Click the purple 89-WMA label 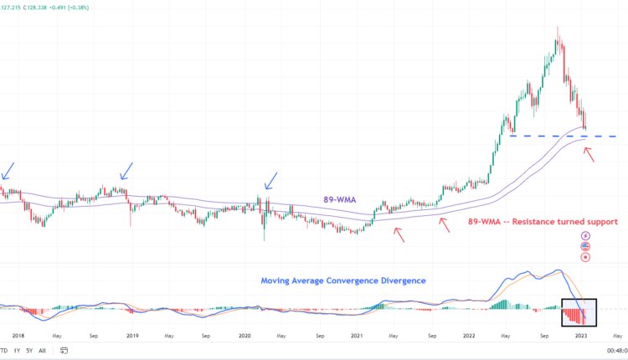pos(338,200)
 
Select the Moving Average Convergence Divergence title pos(344,280)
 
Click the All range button pos(42,350)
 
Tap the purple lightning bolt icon pos(585,236)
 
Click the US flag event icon pos(585,246)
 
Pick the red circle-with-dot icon pos(585,257)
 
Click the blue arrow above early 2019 pos(126,172)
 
